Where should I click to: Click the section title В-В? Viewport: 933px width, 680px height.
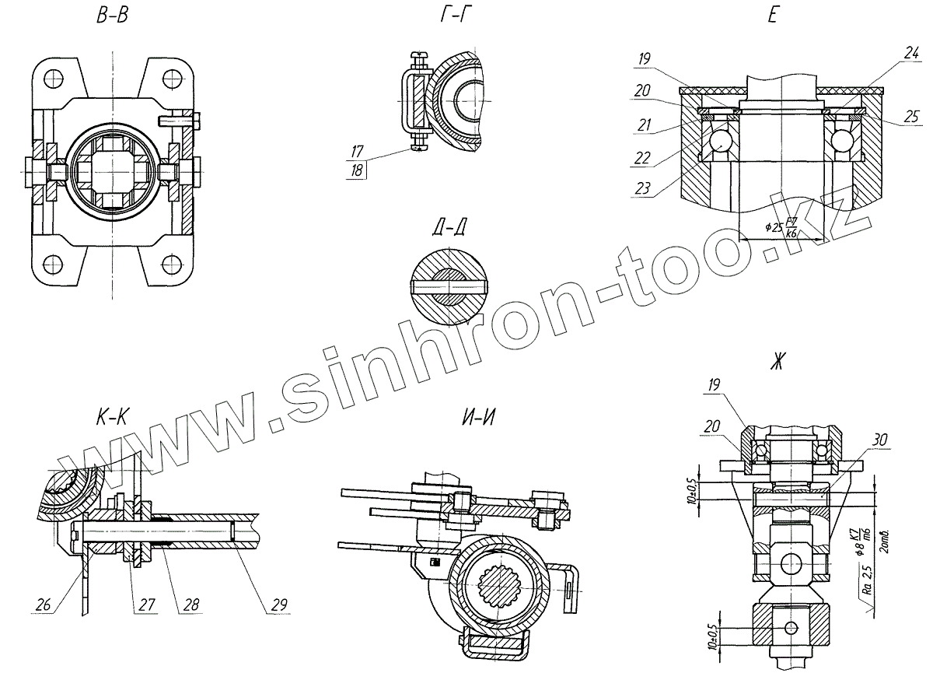click(x=113, y=17)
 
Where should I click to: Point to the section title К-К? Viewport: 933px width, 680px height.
click(x=113, y=419)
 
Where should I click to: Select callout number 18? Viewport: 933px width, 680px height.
click(x=358, y=170)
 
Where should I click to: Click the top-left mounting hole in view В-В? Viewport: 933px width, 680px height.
click(x=53, y=79)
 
